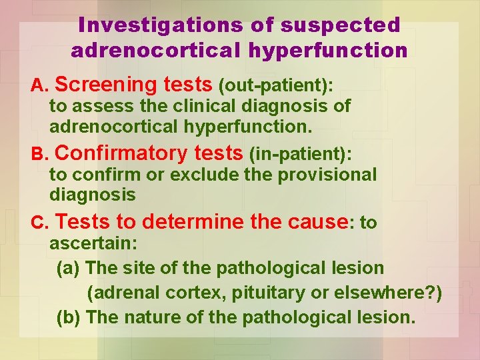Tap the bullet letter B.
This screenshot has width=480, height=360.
[39, 154]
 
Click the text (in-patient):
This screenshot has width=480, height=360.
[299, 154]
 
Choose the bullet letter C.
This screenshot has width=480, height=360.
[39, 222]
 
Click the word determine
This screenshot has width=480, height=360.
[193, 221]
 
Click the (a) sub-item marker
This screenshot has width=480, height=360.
[69, 269]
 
